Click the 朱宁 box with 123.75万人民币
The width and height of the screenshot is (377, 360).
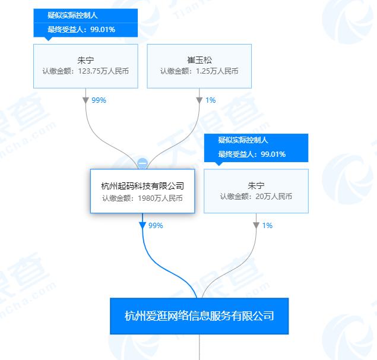[85, 66]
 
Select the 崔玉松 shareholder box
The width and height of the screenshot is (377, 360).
[199, 66]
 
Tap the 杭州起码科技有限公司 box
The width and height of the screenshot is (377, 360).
[142, 191]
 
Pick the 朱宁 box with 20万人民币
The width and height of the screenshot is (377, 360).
[256, 191]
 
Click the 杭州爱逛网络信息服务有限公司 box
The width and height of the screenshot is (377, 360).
[199, 316]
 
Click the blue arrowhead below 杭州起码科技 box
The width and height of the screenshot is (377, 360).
[142, 226]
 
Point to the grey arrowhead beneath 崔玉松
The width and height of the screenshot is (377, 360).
[199, 100]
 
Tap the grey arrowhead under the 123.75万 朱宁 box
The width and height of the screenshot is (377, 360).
[85, 100]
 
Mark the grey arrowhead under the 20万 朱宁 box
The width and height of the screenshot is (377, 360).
[256, 226]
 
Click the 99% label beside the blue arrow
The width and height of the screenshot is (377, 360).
[156, 226]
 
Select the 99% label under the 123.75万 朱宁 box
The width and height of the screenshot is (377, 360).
[99, 100]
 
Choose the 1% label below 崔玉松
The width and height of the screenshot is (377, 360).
[210, 100]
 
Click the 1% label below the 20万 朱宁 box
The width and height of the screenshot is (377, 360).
[267, 226]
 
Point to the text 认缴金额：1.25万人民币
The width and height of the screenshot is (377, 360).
[199, 71]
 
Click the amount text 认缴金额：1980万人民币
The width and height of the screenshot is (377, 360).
[142, 198]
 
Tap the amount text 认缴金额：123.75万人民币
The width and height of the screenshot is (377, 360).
[85, 71]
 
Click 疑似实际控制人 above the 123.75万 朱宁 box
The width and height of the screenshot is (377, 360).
[72, 15]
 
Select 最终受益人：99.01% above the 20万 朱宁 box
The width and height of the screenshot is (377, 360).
[252, 154]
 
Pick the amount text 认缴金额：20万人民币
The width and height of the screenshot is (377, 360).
[256, 197]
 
